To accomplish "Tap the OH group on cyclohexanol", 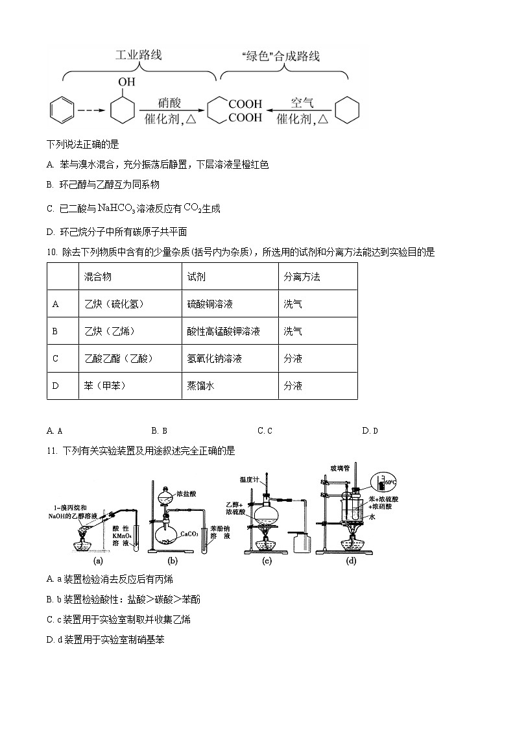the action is tap(126, 82).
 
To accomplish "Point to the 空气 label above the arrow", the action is tap(302, 103).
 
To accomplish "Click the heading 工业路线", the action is tap(138, 55).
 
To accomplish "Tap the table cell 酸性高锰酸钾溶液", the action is tap(223, 331).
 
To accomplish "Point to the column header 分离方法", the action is tap(302, 277).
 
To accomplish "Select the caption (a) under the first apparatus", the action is tap(99, 560).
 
